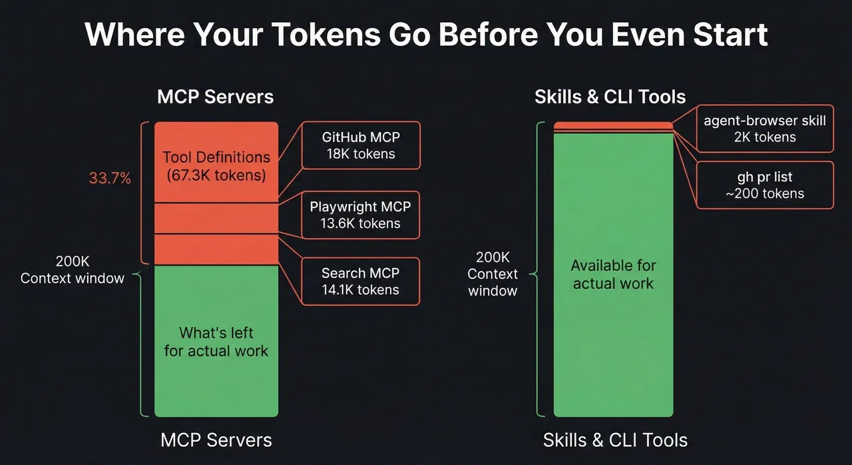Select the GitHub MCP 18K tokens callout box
click(x=360, y=145)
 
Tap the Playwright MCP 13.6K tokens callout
click(x=360, y=215)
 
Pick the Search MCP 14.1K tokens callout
click(x=360, y=281)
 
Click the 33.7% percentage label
click(x=110, y=179)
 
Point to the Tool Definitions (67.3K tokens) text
click(x=216, y=166)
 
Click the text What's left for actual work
click(x=216, y=342)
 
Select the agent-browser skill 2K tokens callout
click(x=764, y=129)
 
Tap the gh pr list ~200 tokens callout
click(x=764, y=185)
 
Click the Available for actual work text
click(x=613, y=274)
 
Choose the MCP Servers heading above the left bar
click(x=215, y=97)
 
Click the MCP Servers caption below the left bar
click(x=216, y=440)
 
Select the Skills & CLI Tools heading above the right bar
click(x=610, y=97)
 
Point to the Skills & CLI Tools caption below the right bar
click(x=614, y=440)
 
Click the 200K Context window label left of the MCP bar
click(x=73, y=270)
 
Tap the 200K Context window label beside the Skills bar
click(x=493, y=274)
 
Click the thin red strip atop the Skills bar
click(x=613, y=126)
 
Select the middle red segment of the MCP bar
click(x=216, y=219)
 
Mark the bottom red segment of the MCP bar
click(x=216, y=250)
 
